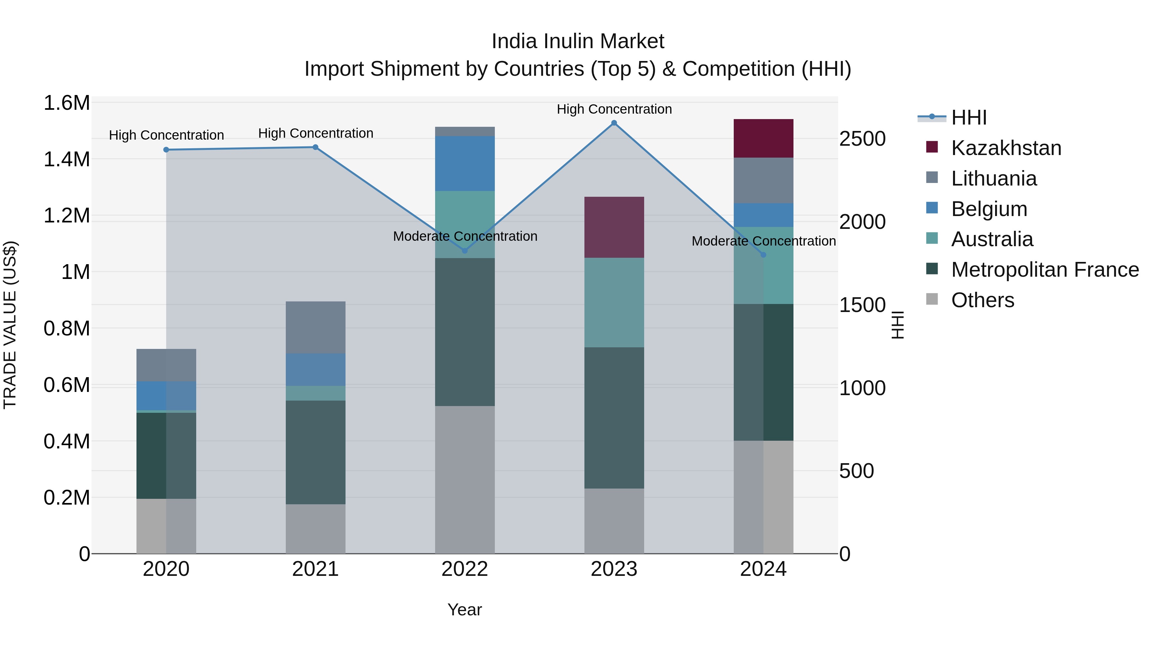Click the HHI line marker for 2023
[x=614, y=123]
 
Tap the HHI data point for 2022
[x=465, y=251]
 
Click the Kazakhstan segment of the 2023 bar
[x=614, y=227]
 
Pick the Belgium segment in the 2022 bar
[x=465, y=163]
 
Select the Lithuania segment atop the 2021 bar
[x=315, y=327]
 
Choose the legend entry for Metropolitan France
[x=1045, y=270]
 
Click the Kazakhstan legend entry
[x=1006, y=148]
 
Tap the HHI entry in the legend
[x=968, y=117]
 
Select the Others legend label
[x=982, y=300]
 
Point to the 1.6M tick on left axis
[x=66, y=103]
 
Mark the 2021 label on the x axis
[x=315, y=569]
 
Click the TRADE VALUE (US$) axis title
[x=10, y=325]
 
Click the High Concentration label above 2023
[x=614, y=109]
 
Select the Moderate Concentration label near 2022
[x=465, y=236]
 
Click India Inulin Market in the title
[x=578, y=41]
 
